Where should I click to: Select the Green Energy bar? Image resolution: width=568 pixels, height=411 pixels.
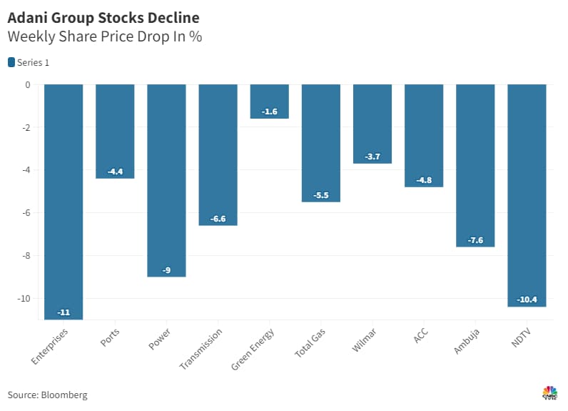pyautogui.click(x=269, y=101)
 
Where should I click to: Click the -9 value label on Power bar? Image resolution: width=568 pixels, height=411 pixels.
pyautogui.click(x=166, y=269)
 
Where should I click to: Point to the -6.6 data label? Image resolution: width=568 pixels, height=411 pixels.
pyautogui.click(x=218, y=219)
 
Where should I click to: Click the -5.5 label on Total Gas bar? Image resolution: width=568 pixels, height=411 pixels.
pyautogui.click(x=320, y=195)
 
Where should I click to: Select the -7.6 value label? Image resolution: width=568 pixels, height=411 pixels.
pyautogui.click(x=475, y=240)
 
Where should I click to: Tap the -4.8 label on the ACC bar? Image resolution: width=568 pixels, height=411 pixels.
pyautogui.click(x=424, y=180)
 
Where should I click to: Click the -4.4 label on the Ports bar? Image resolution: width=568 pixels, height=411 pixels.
pyautogui.click(x=115, y=172)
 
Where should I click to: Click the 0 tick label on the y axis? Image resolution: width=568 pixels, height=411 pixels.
pyautogui.click(x=28, y=84)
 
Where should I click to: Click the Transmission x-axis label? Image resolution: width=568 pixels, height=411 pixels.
pyautogui.click(x=201, y=349)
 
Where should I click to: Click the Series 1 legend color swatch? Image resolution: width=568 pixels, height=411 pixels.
pyautogui.click(x=11, y=62)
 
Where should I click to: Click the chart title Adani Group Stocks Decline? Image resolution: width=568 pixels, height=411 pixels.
pyautogui.click(x=103, y=16)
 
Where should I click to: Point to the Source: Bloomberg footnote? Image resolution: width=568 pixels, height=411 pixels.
pyautogui.click(x=47, y=395)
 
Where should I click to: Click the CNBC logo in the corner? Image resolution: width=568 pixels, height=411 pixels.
pyautogui.click(x=549, y=393)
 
